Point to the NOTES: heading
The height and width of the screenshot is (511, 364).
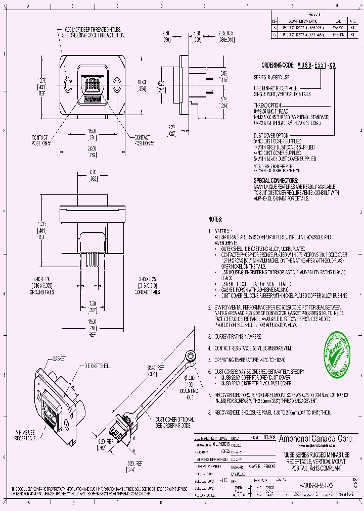click(x=216, y=220)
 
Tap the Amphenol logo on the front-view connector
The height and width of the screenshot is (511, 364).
click(x=93, y=99)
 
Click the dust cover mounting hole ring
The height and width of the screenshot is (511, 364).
click(x=191, y=355)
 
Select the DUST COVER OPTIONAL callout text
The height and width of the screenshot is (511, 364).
click(x=173, y=423)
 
